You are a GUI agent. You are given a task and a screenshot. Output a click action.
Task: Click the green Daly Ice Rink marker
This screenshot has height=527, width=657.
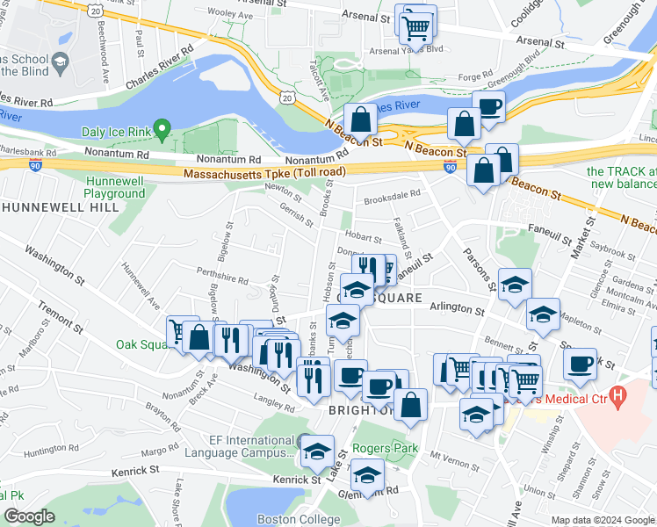pyautogui.click(x=162, y=130)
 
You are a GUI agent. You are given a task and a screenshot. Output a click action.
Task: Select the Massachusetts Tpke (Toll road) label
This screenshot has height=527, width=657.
pyautogui.click(x=264, y=174)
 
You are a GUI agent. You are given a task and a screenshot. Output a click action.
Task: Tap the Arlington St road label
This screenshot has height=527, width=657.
pyautogui.click(x=458, y=310)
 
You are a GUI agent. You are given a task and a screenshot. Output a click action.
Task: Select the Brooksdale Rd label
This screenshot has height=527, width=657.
pyautogui.click(x=393, y=198)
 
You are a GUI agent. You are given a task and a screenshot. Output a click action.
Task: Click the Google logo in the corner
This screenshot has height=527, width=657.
pyautogui.click(x=29, y=516)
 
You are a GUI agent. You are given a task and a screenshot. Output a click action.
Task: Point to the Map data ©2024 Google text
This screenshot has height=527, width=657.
pyautogui.click(x=602, y=520)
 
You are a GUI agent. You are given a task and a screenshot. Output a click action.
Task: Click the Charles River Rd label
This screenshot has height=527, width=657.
pyautogui.click(x=159, y=68)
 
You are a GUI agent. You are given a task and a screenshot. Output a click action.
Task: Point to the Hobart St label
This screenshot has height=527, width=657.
pyautogui.click(x=364, y=236)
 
